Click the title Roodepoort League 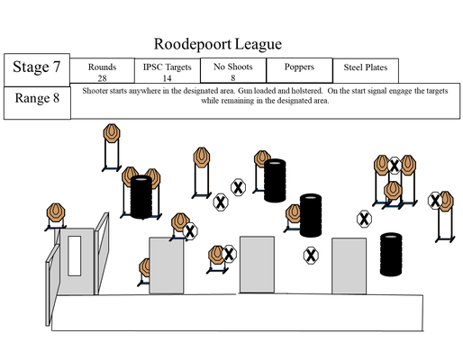pyautogui.click(x=218, y=44)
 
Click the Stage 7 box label pyautogui.click(x=36, y=67)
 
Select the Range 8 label pyautogui.click(x=37, y=98)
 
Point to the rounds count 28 pyautogui.click(x=102, y=78)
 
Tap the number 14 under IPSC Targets pyautogui.click(x=167, y=78)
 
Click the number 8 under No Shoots pyautogui.click(x=233, y=78)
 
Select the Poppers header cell pyautogui.click(x=299, y=70)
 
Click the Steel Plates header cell pyautogui.click(x=366, y=70)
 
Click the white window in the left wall pyautogui.click(x=74, y=256)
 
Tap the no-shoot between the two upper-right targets pyautogui.click(x=395, y=166)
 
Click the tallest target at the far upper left pyautogui.click(x=112, y=133)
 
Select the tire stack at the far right pyautogui.click(x=391, y=255)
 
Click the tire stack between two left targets pyautogui.click(x=141, y=197)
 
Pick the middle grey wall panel pyautogui.click(x=257, y=265)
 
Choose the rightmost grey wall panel pyautogui.click(x=349, y=266)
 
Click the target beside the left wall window pyautogui.click(x=56, y=212)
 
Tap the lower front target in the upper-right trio pyautogui.click(x=393, y=190)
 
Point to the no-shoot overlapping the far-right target pyautogui.click(x=435, y=201)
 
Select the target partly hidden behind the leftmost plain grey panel pyautogui.click(x=145, y=267)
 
